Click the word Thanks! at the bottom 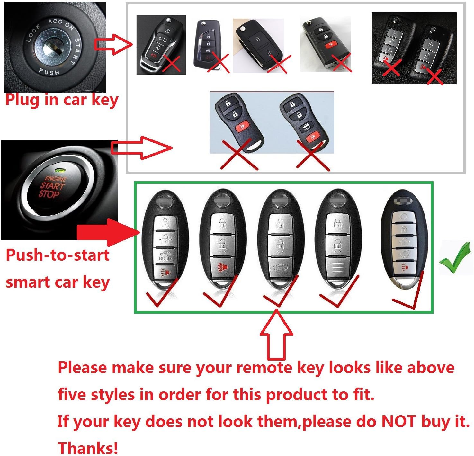(x=88, y=448)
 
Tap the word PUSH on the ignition (x=49, y=71)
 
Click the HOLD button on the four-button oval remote (x=306, y=128)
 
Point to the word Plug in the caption (x=23, y=100)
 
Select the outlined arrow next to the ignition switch (x=112, y=44)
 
